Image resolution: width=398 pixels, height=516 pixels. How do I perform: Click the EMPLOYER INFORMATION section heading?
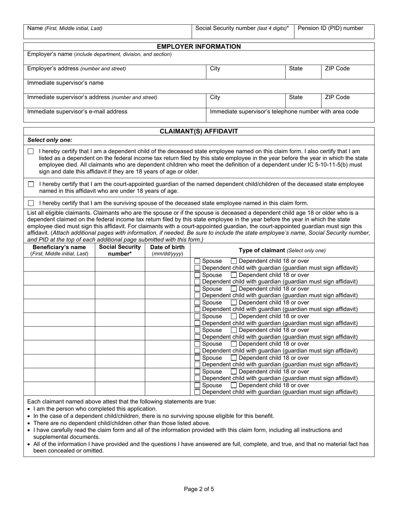tap(199, 47)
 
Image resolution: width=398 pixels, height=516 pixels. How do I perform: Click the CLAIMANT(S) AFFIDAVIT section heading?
tap(199, 131)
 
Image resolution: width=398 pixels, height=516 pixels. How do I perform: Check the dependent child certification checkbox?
tap(31, 151)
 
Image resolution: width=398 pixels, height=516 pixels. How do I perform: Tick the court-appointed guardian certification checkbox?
tap(31, 184)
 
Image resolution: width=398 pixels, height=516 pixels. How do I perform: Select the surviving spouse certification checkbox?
tap(31, 203)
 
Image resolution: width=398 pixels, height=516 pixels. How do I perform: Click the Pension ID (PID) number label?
tap(330, 28)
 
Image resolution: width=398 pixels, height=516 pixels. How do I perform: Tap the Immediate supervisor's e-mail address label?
tap(77, 112)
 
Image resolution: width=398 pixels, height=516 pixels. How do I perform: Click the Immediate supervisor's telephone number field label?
tap(284, 112)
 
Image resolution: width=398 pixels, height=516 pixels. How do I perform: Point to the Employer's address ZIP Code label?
tap(337, 68)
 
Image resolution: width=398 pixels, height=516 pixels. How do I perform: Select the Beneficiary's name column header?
tap(59, 250)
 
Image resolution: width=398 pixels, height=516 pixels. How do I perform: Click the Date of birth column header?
tap(167, 250)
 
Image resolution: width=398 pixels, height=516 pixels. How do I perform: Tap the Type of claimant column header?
tap(282, 250)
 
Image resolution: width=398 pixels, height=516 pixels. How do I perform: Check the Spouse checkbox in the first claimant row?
tap(197, 261)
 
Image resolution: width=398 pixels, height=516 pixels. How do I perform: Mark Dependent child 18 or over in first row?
tap(234, 261)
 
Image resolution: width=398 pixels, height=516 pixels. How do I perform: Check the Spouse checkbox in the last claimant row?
tap(197, 386)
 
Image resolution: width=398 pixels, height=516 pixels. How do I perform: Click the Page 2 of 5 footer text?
tap(199, 489)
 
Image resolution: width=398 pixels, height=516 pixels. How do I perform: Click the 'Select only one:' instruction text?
tap(49, 140)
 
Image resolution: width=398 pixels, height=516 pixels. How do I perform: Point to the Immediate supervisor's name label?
tap(65, 83)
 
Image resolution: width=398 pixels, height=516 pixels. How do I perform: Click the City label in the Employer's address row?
tap(215, 68)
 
